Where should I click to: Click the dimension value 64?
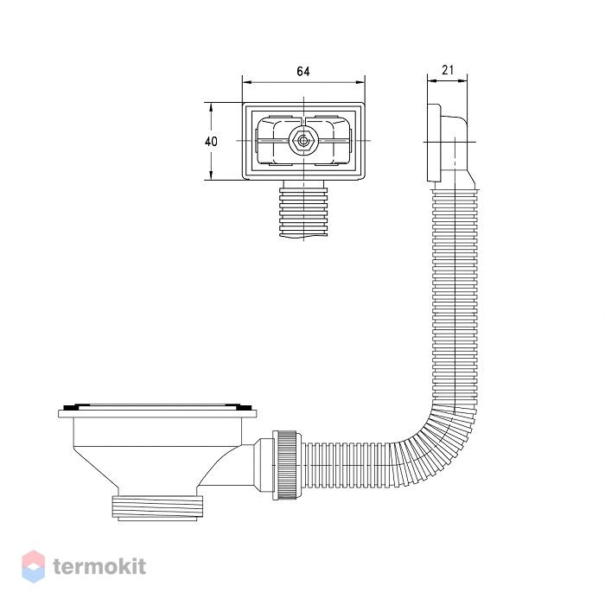pos(302,72)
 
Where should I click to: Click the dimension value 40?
pos(211,142)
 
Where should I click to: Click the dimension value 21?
pos(448,70)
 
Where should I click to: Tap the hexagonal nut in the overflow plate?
pos(303,141)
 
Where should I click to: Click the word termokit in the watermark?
pos(99,566)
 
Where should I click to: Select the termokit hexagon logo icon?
pos(33,566)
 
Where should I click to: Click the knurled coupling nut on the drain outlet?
pos(286,465)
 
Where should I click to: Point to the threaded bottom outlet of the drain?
pos(157,508)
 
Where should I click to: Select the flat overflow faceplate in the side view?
pos(434,142)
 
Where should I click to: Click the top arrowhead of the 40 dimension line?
pos(211,107)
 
